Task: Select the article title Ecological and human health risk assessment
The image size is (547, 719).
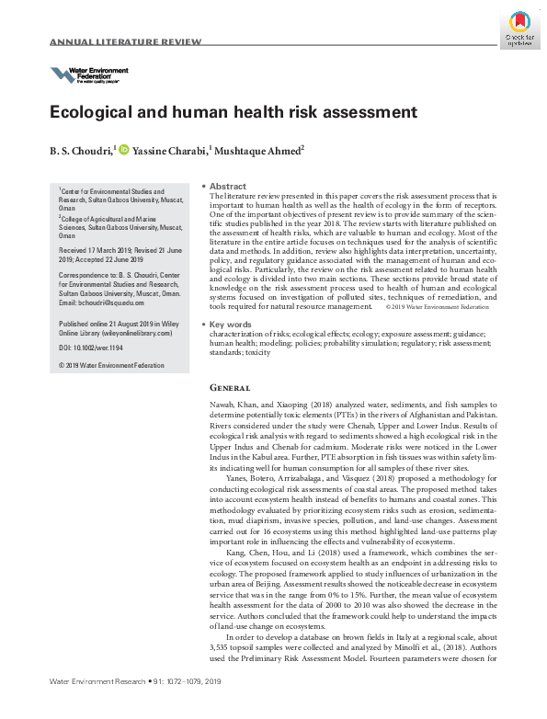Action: [221, 113]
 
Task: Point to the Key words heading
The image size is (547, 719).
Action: [232, 325]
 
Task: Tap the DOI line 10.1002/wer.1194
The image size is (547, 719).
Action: [90, 347]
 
